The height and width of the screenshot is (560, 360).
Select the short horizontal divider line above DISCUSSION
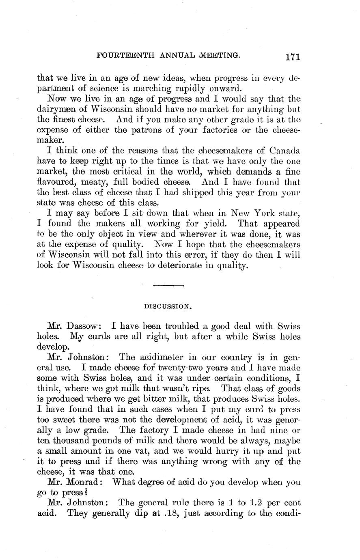[169, 286]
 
